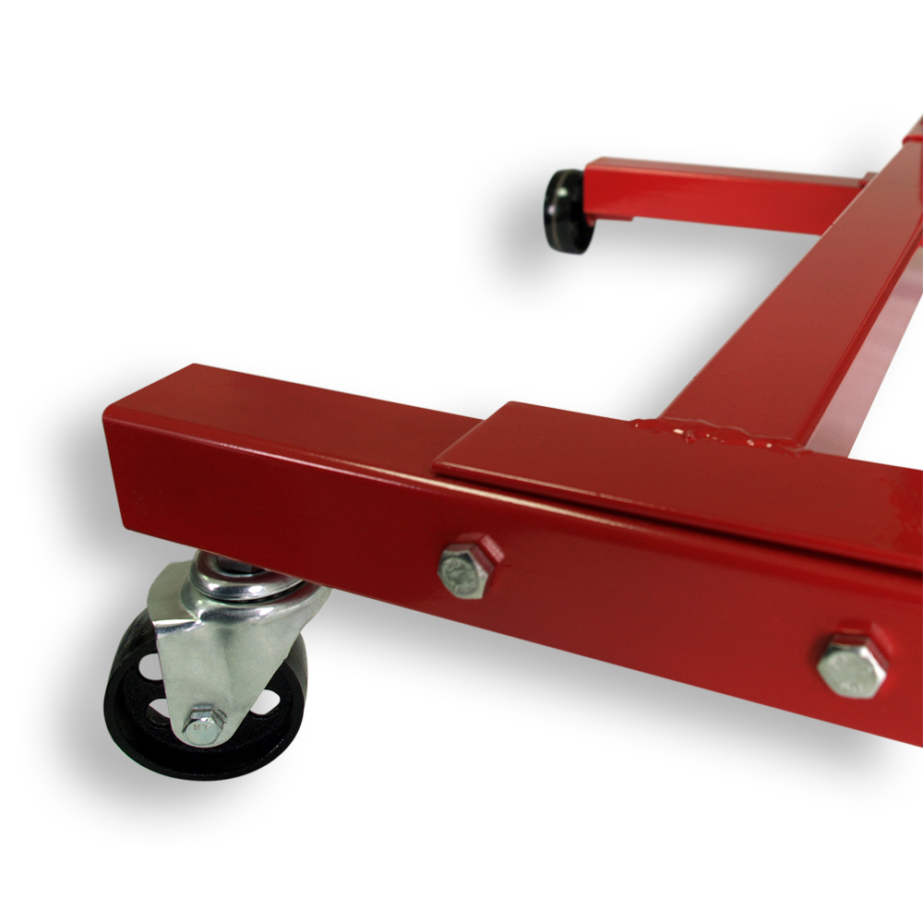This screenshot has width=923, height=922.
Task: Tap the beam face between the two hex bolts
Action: coord(646,609)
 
